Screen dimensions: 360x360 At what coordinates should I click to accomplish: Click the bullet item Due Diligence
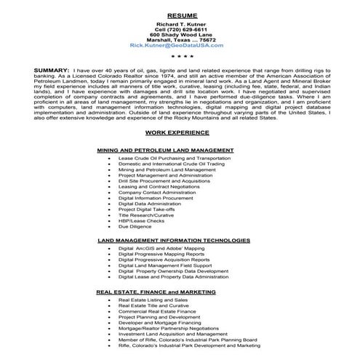click(135, 225)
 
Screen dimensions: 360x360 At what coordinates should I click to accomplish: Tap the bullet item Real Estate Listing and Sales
click(152, 299)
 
